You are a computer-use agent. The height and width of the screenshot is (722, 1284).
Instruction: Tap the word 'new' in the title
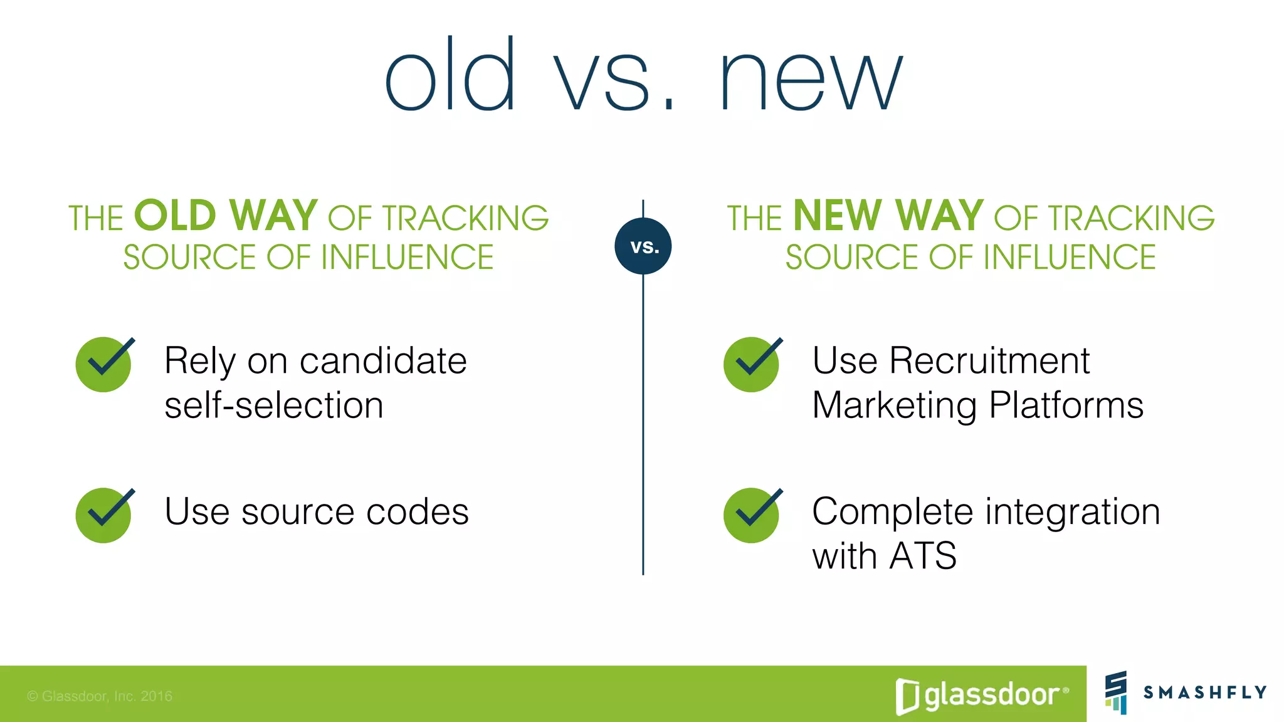(811, 81)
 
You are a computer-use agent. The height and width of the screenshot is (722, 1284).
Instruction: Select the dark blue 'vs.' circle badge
(643, 246)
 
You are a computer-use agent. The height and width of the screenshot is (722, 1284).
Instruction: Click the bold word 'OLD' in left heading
(175, 216)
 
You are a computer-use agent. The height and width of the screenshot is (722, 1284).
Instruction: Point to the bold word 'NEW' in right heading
(837, 216)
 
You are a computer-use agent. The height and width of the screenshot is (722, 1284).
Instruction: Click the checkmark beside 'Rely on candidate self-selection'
(104, 364)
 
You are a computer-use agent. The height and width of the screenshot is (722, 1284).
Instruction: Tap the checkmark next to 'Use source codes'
(104, 515)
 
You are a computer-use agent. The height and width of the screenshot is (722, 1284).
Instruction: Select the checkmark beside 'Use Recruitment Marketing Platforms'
(752, 364)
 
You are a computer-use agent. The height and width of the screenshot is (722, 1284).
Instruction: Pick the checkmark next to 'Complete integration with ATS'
(752, 515)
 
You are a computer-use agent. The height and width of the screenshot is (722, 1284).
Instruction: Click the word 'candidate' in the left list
(383, 361)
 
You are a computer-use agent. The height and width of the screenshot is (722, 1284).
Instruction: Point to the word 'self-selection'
(274, 405)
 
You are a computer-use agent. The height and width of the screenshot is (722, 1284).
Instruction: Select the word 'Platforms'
(1066, 405)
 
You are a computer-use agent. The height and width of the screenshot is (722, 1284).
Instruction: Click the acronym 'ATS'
(922, 556)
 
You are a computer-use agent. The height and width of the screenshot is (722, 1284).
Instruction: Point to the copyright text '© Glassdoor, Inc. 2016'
(100, 696)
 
